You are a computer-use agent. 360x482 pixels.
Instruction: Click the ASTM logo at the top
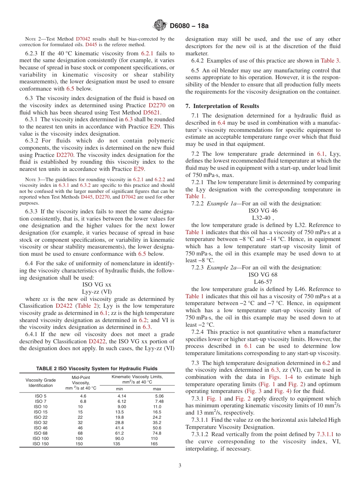159,26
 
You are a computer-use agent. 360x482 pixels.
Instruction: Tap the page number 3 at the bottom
180,466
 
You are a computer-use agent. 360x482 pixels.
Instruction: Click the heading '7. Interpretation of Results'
222,106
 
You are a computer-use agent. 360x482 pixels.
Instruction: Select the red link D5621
152,113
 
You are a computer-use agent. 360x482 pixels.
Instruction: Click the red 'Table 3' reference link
330,61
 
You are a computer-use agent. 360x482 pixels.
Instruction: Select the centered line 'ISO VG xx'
97,284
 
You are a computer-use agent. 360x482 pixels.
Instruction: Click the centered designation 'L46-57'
263,282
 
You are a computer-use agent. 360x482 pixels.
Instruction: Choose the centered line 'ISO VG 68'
263,274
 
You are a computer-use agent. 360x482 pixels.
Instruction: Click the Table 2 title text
97,368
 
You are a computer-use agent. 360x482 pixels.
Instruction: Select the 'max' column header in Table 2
157,389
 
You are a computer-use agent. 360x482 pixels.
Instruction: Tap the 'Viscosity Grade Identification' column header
41,383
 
